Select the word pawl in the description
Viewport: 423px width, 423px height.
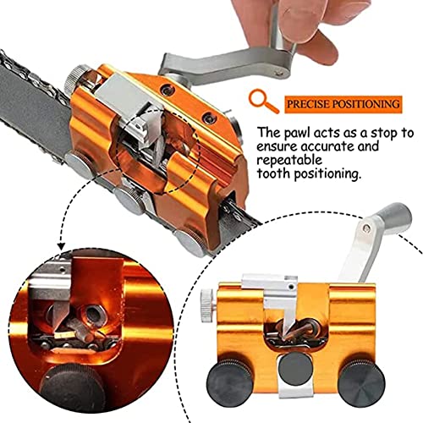click(x=297, y=135)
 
